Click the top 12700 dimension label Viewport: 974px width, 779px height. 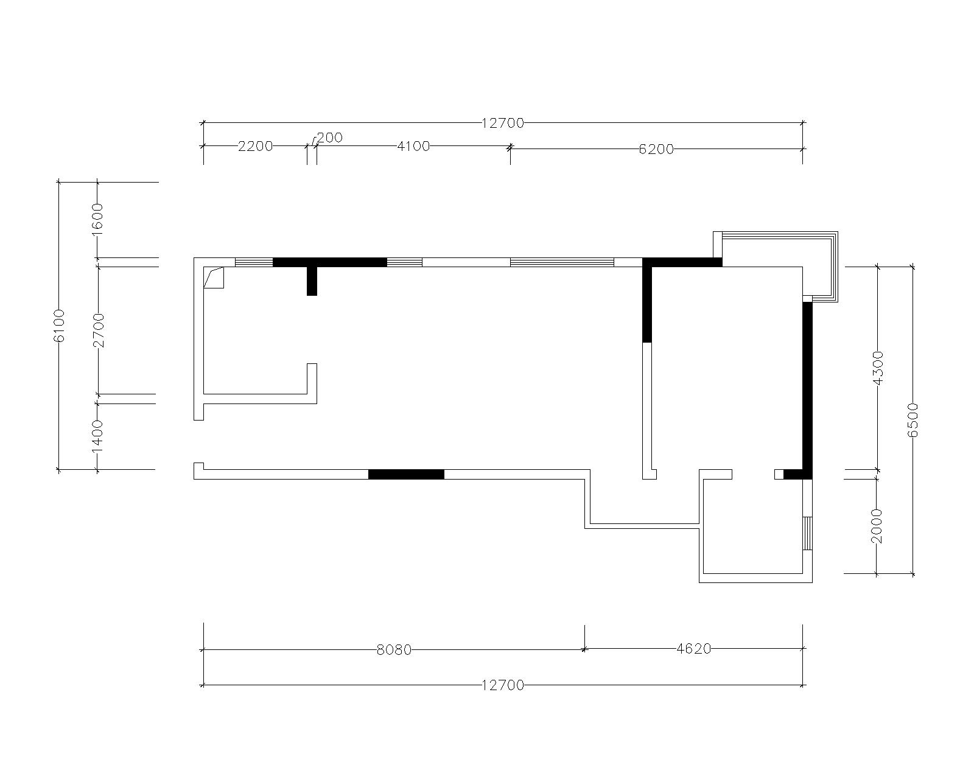pos(502,123)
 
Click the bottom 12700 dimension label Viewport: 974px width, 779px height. pos(502,685)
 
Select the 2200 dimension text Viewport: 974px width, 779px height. pos(255,146)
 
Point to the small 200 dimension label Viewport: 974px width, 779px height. pos(329,137)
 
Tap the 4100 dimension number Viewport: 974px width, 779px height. pos(413,146)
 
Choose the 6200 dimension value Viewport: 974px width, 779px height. pos(656,149)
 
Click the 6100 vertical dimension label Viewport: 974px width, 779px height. pos(59,326)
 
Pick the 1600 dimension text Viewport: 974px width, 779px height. pos(97,219)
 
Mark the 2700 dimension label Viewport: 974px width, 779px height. pos(98,330)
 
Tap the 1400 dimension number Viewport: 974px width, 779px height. pos(97,436)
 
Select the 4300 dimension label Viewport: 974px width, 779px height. pos(877,368)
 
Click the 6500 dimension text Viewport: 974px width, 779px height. pos(913,420)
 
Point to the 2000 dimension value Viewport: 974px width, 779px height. pos(877,526)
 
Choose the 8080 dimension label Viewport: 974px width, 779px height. pos(394,650)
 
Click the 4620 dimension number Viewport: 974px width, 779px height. pos(694,649)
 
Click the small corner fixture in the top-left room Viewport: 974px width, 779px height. pos(213,278)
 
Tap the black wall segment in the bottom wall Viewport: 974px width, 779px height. pos(406,474)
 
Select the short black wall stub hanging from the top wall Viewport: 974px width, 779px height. pos(312,281)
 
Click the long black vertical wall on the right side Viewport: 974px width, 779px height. pos(807,390)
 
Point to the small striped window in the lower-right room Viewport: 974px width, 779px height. pos(807,533)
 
